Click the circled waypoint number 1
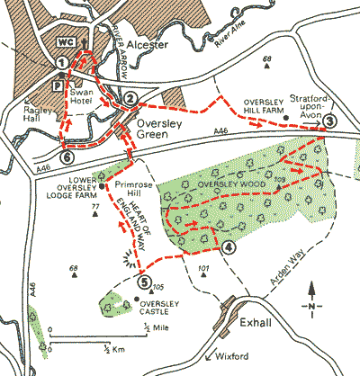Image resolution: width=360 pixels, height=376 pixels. pyautogui.click(x=61, y=62)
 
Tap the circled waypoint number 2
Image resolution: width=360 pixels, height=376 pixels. pyautogui.click(x=130, y=97)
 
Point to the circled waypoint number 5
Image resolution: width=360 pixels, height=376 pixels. pyautogui.click(x=143, y=282)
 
